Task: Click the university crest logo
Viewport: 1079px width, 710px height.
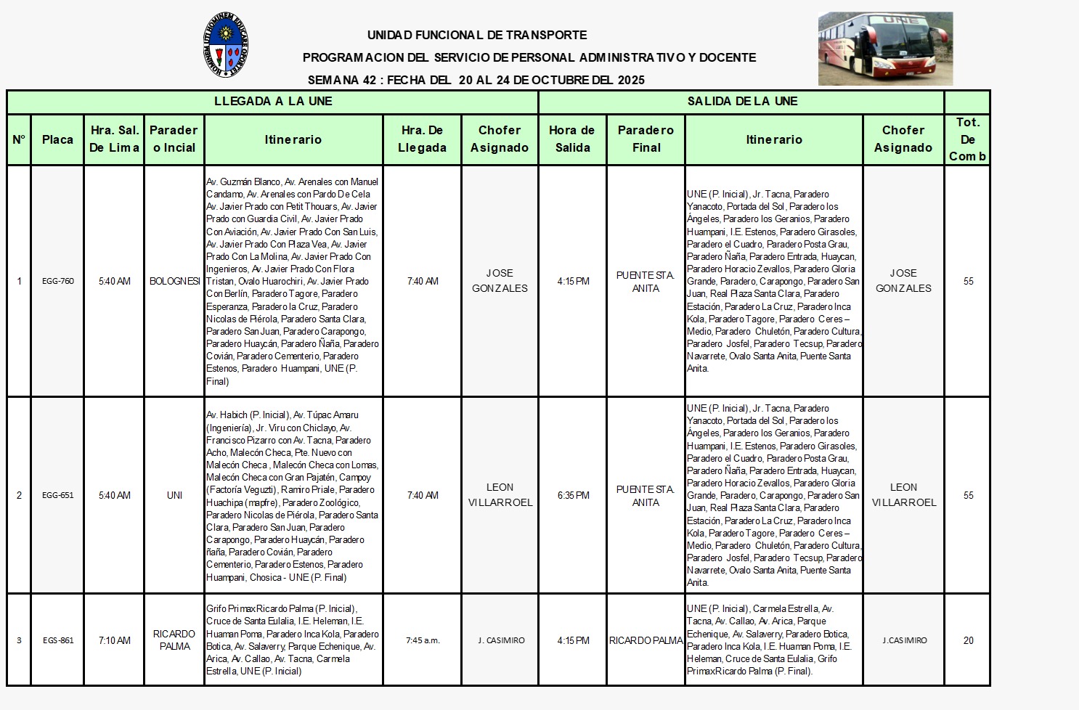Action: (227, 44)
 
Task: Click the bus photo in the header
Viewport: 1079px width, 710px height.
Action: (885, 49)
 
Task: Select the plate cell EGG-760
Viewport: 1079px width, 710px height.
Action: (58, 281)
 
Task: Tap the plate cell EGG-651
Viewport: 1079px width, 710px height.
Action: (58, 495)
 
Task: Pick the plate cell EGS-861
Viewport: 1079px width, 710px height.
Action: (58, 640)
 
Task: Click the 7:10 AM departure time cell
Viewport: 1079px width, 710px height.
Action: (115, 640)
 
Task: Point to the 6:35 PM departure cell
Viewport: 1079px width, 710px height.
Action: (573, 495)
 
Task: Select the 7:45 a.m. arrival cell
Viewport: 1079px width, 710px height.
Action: (423, 640)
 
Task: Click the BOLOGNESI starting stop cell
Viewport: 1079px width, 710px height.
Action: (174, 281)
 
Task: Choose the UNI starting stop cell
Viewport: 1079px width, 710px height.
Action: (174, 495)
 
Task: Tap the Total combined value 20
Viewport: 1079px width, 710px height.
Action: (968, 640)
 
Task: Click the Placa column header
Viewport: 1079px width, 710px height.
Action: (57, 139)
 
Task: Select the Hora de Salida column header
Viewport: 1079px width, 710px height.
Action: (572, 139)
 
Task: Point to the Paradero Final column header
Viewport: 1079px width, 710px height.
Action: (646, 139)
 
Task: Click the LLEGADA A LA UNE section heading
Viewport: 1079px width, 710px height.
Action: (273, 102)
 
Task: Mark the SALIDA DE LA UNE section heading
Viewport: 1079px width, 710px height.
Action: (742, 102)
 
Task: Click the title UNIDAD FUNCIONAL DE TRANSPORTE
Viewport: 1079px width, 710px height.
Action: (477, 35)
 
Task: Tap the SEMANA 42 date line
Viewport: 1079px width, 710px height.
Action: (476, 80)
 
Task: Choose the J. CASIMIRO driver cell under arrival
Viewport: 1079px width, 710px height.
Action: (500, 640)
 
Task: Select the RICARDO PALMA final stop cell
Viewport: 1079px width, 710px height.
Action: (646, 640)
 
